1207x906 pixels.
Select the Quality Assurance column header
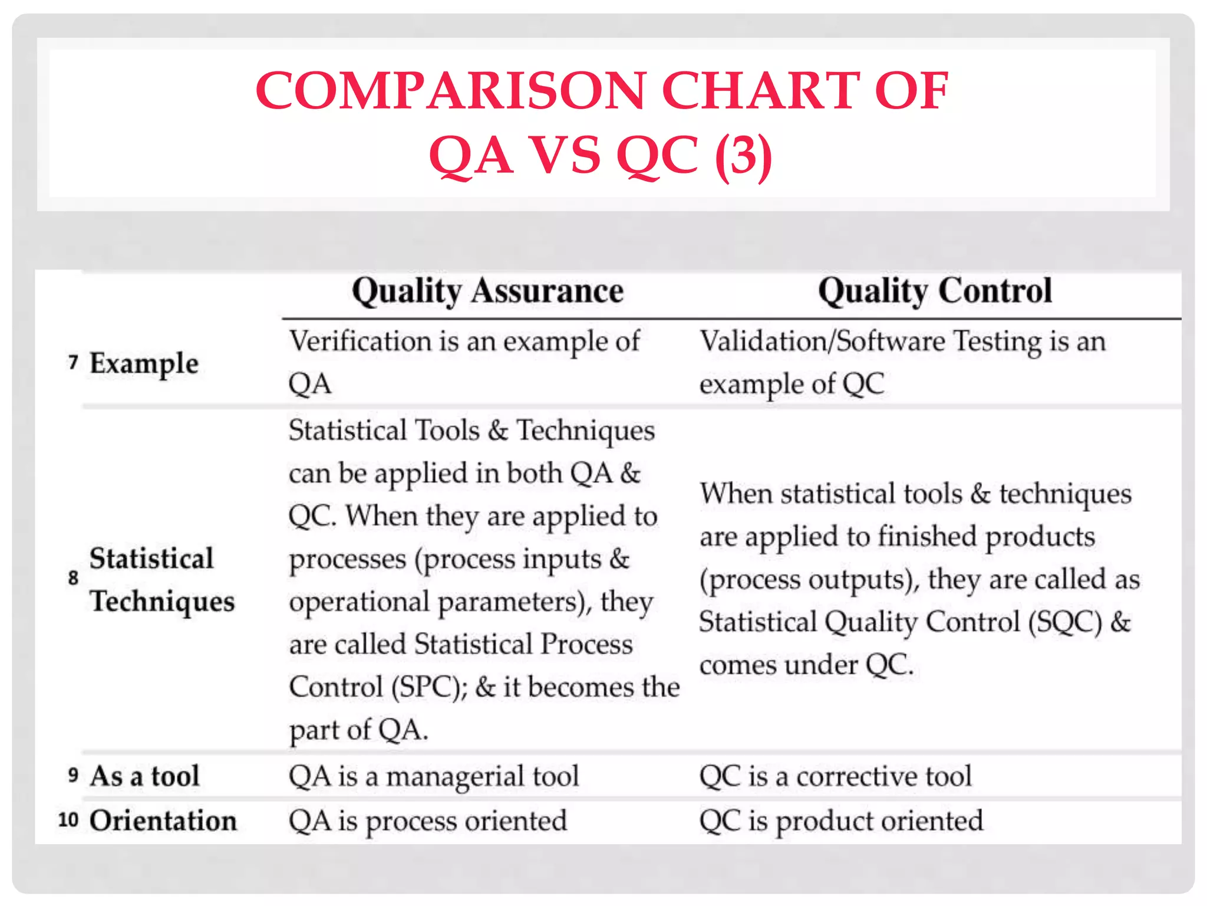487,291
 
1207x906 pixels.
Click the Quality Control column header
935,291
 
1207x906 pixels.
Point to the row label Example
144,363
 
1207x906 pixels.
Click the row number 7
73,362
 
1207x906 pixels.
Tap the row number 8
73,577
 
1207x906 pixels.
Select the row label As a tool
144,776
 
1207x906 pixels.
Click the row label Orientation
163,820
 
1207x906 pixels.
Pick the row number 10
68,819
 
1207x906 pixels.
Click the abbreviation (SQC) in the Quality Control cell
1065,623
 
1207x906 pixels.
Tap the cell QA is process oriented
428,821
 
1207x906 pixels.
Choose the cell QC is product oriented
841,821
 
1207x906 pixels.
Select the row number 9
73,774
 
